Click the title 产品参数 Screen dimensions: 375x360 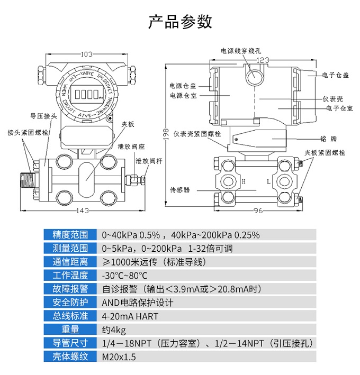[x=180, y=21]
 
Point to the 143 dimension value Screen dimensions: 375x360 [x=82, y=211]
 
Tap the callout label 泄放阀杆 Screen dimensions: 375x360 [x=145, y=160]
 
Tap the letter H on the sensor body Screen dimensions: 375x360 [x=244, y=181]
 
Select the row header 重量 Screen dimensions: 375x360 [x=70, y=330]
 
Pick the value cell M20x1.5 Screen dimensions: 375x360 [x=119, y=357]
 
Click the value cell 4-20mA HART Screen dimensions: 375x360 [x=130, y=316]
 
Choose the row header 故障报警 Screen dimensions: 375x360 [x=70, y=289]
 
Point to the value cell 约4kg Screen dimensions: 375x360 [x=114, y=330]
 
